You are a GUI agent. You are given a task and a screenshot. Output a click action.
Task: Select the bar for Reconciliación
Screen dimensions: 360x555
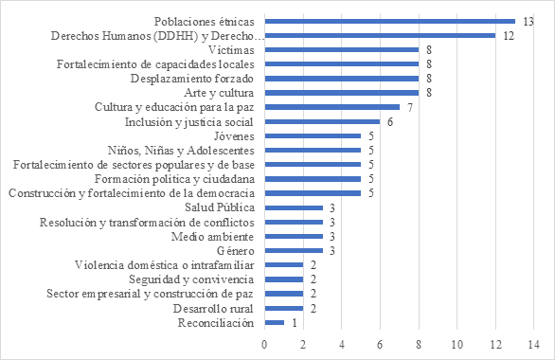[x=275, y=323]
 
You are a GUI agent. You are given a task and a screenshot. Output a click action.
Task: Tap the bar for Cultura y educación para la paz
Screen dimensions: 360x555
[x=332, y=107]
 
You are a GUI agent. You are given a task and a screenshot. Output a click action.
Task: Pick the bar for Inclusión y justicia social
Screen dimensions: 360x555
[x=323, y=121]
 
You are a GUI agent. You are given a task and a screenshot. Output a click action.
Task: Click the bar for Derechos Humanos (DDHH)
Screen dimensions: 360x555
[x=380, y=35]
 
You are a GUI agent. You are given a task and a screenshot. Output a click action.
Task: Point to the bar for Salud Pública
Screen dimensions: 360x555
[x=294, y=207]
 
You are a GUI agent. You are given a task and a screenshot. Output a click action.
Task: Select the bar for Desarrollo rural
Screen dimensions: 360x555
[x=284, y=309]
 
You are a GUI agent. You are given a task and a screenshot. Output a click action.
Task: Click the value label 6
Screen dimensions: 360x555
[x=389, y=121]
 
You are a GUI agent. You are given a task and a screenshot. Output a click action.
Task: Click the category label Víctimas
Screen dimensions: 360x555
[x=231, y=49]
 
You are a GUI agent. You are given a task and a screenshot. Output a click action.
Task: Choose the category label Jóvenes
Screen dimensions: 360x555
[x=233, y=135]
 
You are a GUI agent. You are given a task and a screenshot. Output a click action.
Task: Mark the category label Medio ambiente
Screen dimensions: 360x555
[x=213, y=237]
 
